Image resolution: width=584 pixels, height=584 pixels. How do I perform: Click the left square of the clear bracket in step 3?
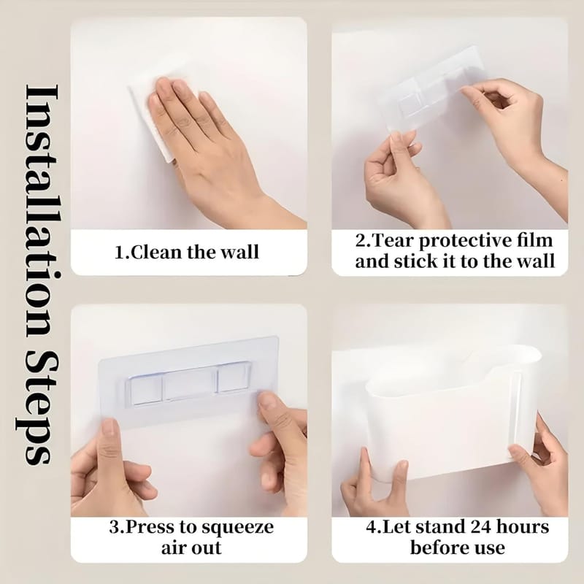(145, 392)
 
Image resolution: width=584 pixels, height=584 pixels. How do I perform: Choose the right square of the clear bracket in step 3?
(234, 379)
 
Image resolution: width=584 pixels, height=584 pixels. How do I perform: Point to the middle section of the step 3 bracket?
(189, 385)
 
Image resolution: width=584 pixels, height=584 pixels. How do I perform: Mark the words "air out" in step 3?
(191, 548)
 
